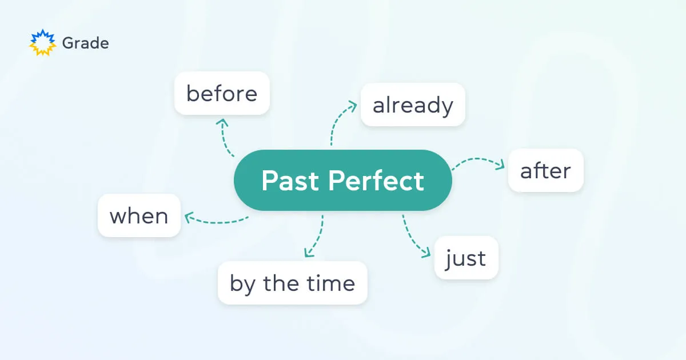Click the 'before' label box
tap(222, 93)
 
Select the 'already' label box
tap(413, 105)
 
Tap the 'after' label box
tap(545, 170)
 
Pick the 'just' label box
tap(466, 258)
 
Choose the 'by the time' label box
tap(292, 283)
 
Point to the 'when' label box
tap(139, 215)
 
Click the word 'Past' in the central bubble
tap(290, 181)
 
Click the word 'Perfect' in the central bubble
tap(376, 181)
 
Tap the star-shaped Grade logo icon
tap(42, 43)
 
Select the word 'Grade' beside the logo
tap(85, 43)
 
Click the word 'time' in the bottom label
tap(333, 283)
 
